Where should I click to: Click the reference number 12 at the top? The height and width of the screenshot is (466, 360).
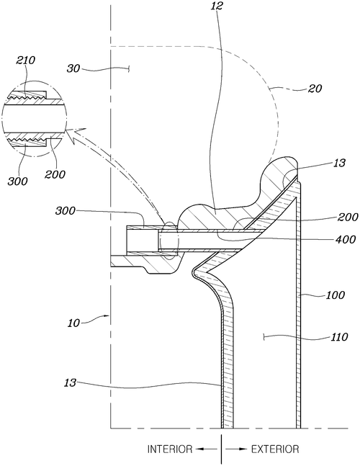pos(217,6)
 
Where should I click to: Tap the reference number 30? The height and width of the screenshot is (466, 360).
pos(73,68)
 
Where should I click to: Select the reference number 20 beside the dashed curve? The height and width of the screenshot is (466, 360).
pos(315,89)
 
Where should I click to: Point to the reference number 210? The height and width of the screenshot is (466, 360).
pos(25,61)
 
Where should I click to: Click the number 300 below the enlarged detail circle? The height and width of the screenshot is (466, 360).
pos(17,181)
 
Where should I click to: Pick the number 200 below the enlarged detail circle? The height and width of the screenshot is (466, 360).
pos(55,174)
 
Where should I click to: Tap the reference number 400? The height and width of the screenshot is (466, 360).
pos(346,239)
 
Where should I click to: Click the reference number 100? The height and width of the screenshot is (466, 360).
pos(336,295)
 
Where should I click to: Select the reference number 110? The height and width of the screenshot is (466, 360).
pos(338,337)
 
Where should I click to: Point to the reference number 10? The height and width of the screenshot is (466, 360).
pos(73,323)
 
